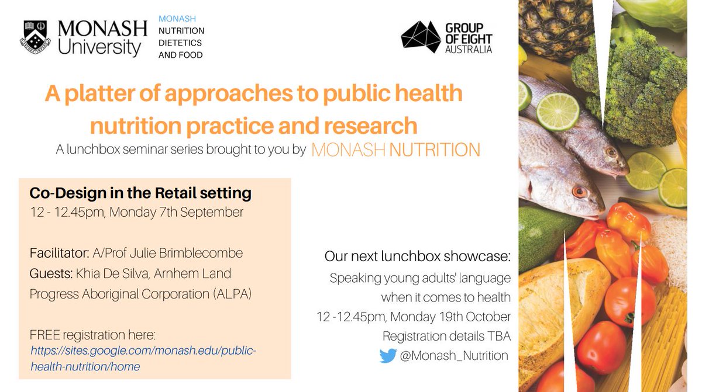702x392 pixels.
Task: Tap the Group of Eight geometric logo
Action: (420, 37)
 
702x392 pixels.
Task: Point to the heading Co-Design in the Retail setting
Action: (140, 192)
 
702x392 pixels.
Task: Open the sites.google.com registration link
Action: (143, 358)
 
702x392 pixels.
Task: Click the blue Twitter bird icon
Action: (388, 355)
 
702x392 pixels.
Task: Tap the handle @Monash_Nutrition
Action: (454, 355)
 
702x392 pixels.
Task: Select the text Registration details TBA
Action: (446, 336)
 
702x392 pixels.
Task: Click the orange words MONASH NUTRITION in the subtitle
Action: (395, 150)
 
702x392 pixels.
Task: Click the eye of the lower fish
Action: (579, 192)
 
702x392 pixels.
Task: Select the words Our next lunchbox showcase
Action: (418, 257)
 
